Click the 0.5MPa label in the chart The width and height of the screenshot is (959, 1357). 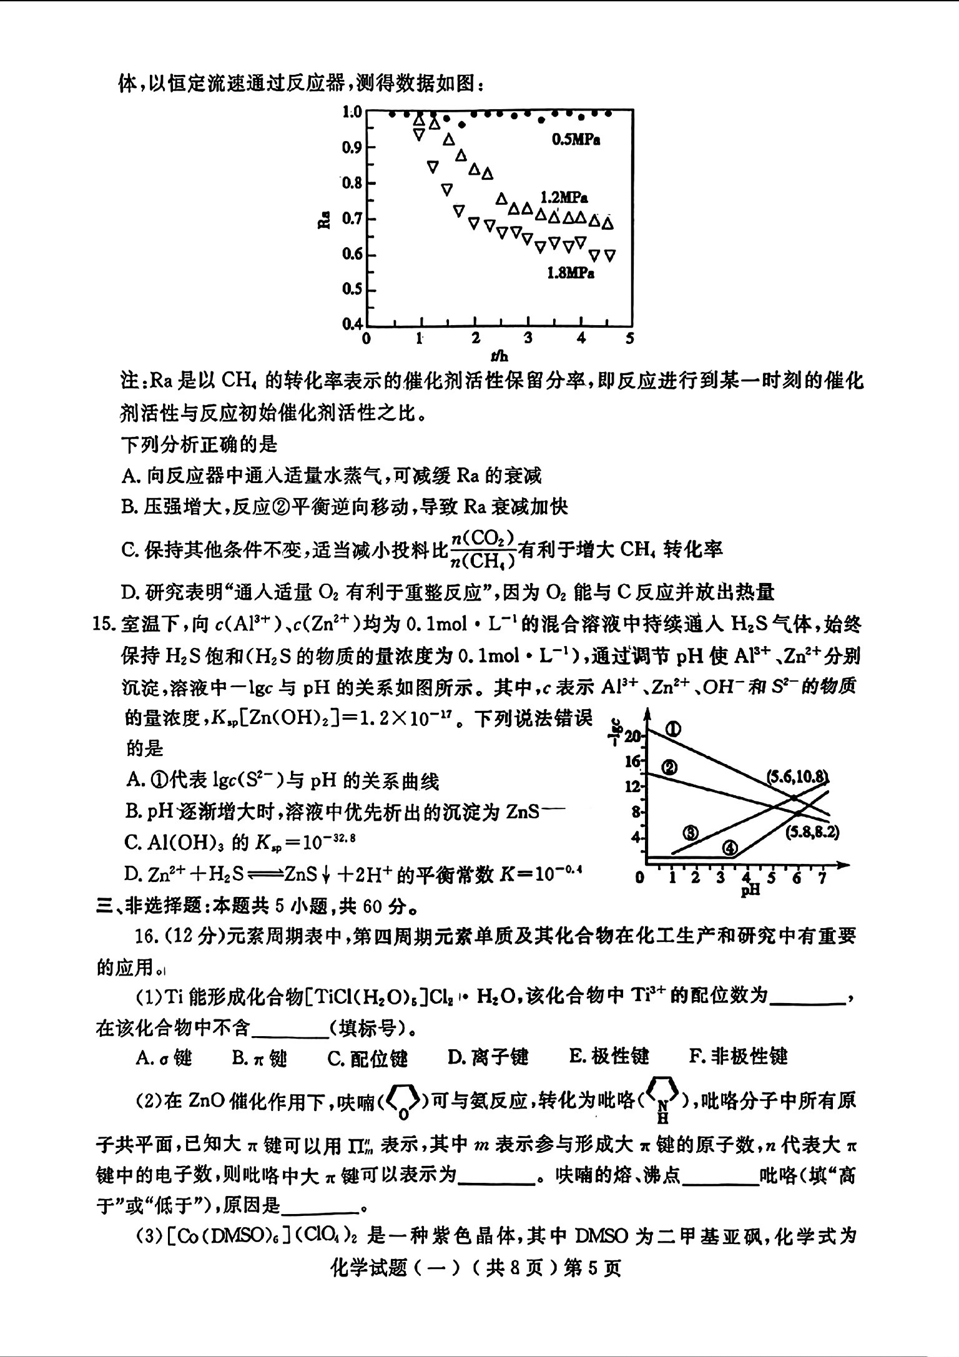pos(575,140)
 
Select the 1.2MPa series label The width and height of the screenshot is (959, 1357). pos(564,198)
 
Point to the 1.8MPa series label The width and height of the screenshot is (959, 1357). pos(570,273)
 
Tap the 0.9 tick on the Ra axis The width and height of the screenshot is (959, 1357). pos(352,147)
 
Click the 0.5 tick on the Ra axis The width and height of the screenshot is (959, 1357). pos(352,289)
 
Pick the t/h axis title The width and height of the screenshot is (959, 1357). pos(499,356)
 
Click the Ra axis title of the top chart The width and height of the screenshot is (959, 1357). pos(323,220)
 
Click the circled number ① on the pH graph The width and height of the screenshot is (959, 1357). pos(672,729)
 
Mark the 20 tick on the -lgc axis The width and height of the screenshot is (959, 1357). pos(632,737)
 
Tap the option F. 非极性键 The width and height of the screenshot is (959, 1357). pos(739,1057)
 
